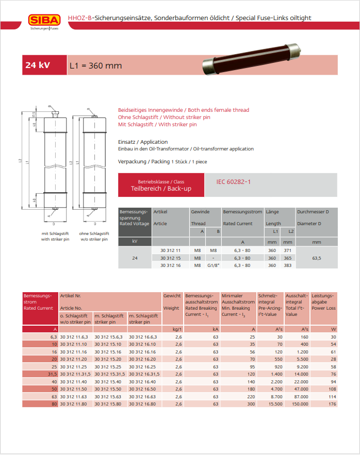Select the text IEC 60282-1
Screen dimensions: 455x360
pos(234,182)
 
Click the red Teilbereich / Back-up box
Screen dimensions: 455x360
pos(161,185)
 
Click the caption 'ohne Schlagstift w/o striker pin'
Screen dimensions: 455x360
pos(93,237)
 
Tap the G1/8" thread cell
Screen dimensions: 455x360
pos(213,265)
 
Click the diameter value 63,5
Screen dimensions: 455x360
pos(316,258)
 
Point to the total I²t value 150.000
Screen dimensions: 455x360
pos(299,404)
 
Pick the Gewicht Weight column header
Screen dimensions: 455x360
pos(172,302)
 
